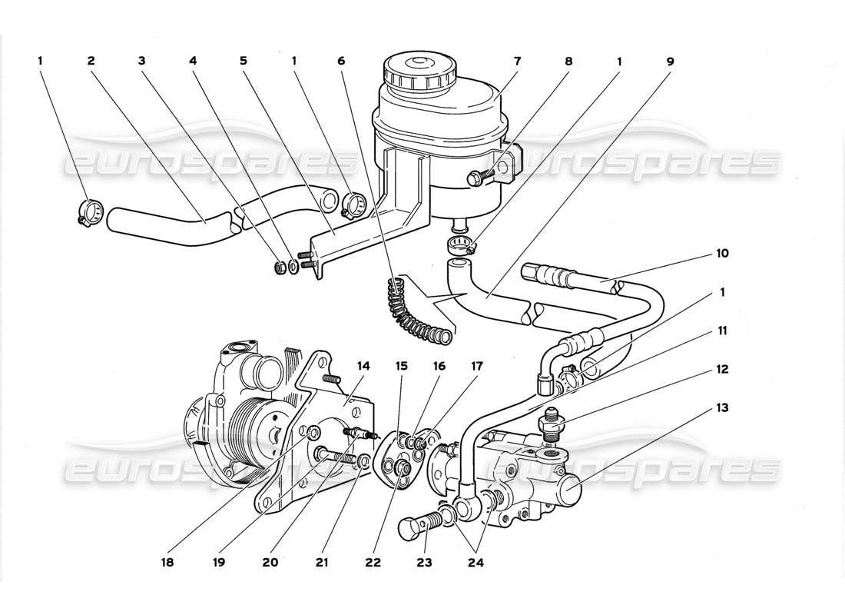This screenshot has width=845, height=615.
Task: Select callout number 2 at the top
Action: (x=91, y=60)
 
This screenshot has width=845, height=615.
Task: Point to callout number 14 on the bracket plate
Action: (x=363, y=367)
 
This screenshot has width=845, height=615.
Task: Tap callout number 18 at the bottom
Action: (x=167, y=563)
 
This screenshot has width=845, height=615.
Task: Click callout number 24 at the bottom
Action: (x=479, y=563)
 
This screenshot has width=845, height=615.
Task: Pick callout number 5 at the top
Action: (x=242, y=60)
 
